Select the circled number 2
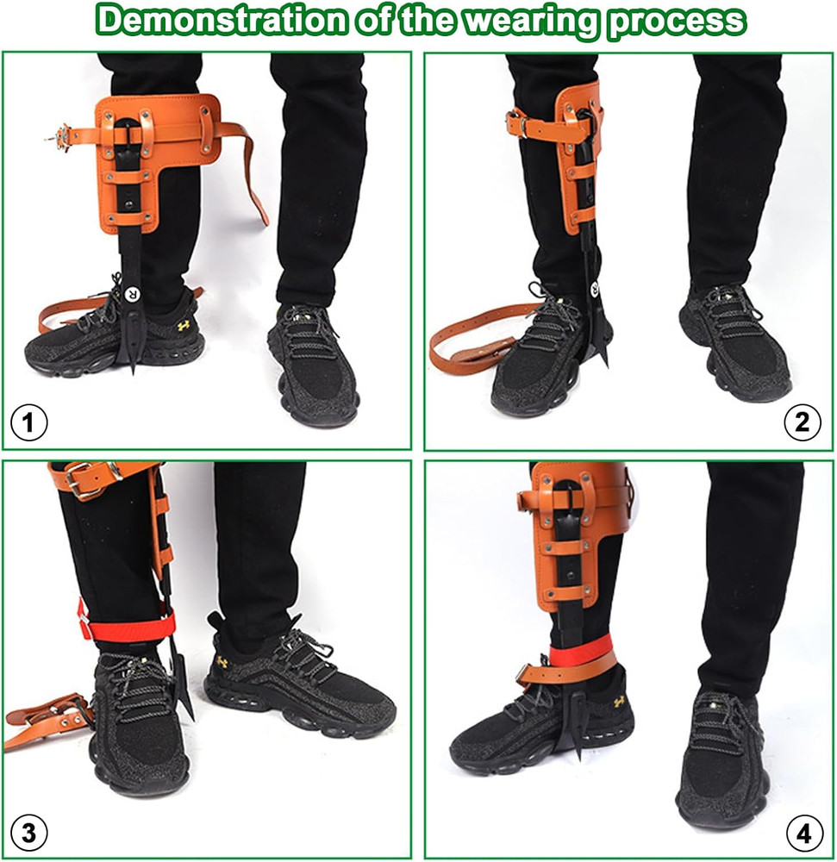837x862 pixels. (x=803, y=422)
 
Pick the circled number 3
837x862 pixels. (x=28, y=833)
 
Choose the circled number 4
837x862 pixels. (x=803, y=833)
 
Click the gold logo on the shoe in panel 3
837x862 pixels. (x=222, y=662)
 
